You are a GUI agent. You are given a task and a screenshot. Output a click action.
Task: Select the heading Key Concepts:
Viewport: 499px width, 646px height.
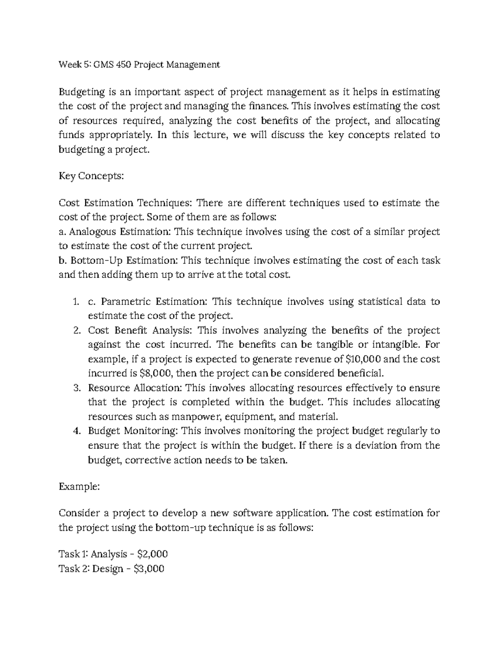pos(91,176)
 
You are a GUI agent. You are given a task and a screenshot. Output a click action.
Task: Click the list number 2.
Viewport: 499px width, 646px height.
pos(76,331)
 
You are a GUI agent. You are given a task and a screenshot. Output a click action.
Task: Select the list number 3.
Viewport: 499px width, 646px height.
pos(76,388)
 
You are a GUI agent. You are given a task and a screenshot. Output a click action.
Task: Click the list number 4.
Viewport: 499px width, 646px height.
pos(76,431)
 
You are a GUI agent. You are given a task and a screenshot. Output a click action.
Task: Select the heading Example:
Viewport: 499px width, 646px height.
pos(79,487)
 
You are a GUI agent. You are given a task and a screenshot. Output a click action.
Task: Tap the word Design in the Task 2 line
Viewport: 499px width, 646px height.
pos(108,569)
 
